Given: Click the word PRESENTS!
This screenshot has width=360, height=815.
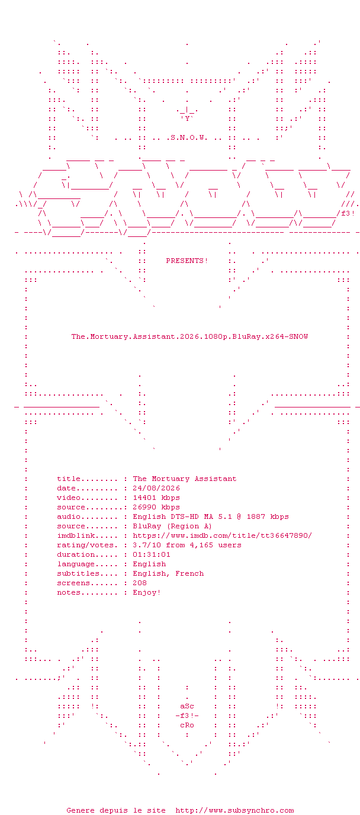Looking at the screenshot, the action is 187,261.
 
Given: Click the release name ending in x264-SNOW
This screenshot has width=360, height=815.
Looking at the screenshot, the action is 189,336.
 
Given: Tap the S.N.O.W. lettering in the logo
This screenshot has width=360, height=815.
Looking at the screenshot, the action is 189,137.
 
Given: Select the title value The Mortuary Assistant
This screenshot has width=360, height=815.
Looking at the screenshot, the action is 184,479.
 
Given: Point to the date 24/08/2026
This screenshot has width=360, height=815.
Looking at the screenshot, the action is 156,488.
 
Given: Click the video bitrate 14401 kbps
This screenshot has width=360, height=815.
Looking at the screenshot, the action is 156,498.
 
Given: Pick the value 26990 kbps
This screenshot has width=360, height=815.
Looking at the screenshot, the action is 156,507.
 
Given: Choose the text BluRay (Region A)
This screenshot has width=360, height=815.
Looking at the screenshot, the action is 172,526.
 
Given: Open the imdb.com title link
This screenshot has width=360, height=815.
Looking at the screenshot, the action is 222,535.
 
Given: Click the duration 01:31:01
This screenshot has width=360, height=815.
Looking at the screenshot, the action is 152,554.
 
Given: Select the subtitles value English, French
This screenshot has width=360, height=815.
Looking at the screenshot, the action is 168,573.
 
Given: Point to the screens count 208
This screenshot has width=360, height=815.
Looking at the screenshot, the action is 140,583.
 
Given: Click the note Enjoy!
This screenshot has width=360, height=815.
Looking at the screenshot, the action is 146,592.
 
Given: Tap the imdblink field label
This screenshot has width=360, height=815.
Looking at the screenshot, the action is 76,535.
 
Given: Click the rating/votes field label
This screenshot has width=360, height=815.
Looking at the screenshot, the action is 85,545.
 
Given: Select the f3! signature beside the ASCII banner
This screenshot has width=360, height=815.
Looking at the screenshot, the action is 348,214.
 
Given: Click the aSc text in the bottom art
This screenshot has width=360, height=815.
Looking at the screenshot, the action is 187,706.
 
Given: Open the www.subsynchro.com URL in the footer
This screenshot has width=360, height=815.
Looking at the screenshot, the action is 235,810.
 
